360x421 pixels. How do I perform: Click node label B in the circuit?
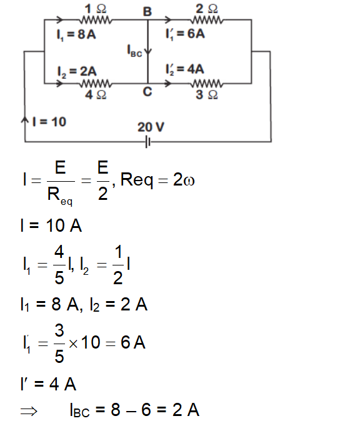tap(147, 11)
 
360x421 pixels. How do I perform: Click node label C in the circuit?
tap(147, 92)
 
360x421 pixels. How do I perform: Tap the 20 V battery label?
tap(151, 127)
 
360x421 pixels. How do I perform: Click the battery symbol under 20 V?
tap(148, 142)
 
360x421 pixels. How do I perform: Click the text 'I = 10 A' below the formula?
tap(50, 225)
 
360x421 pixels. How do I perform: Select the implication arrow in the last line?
tap(29, 410)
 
